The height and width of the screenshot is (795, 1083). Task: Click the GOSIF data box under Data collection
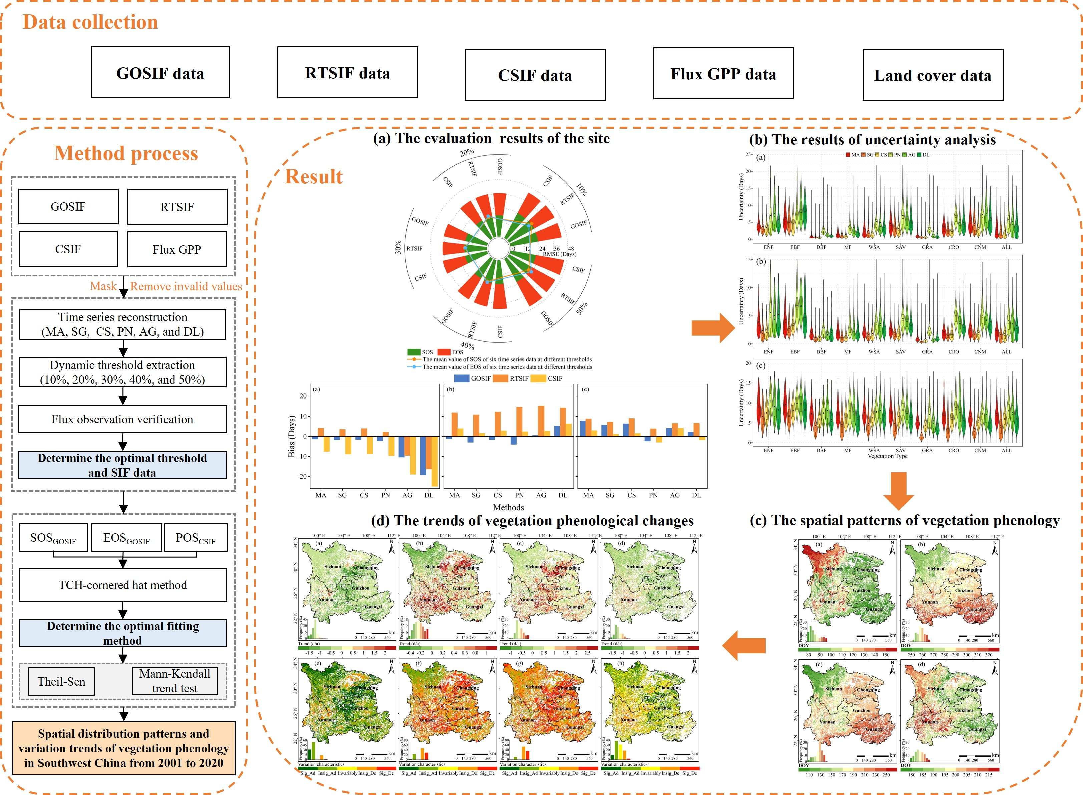pyautogui.click(x=160, y=73)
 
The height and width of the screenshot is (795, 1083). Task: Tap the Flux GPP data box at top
pyautogui.click(x=723, y=74)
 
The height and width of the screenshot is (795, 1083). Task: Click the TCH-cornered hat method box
pyautogui.click(x=123, y=585)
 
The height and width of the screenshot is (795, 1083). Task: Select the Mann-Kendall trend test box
pyautogui.click(x=175, y=681)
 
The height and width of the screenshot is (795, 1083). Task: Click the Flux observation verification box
pyautogui.click(x=122, y=419)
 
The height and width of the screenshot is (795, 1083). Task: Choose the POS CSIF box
pyautogui.click(x=196, y=538)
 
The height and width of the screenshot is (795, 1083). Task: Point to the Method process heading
pyautogui.click(x=126, y=153)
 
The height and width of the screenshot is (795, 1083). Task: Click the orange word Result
pyautogui.click(x=314, y=177)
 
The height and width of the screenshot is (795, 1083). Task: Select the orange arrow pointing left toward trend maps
pyautogui.click(x=744, y=645)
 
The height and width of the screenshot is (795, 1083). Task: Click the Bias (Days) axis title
pyautogui.click(x=291, y=436)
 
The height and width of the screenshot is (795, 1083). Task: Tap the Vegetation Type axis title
pyautogui.click(x=887, y=456)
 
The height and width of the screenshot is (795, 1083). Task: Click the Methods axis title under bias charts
pyautogui.click(x=508, y=507)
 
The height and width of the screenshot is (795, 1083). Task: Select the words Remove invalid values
pyautogui.click(x=186, y=287)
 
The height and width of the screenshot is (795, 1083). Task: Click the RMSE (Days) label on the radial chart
pyautogui.click(x=559, y=254)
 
